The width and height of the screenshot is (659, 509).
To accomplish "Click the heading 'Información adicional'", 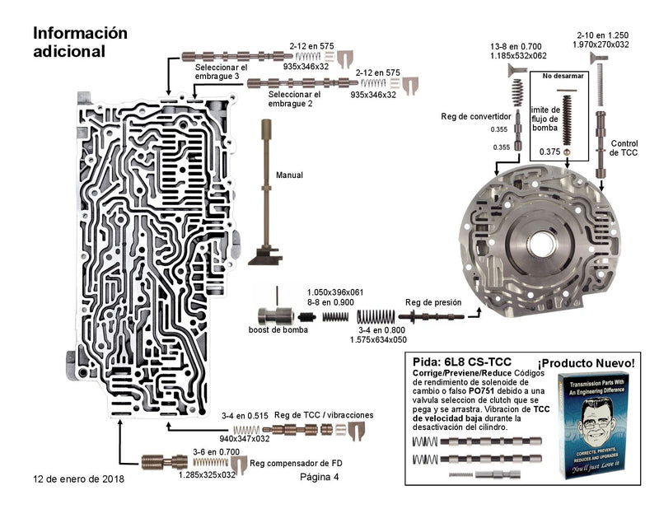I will click(x=80, y=41).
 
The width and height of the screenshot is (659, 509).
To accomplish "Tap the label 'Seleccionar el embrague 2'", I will click(x=294, y=99).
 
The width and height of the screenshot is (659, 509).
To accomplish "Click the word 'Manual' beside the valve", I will click(x=289, y=175).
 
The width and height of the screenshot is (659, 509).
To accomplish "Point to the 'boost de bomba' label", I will click(x=277, y=331).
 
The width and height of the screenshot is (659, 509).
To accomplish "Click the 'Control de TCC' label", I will click(x=623, y=148).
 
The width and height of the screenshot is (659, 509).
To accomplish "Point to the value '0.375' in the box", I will click(x=549, y=152).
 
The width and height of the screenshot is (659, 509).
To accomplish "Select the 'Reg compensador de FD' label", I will click(x=296, y=464).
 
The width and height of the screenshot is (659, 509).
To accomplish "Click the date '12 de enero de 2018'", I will click(x=79, y=478).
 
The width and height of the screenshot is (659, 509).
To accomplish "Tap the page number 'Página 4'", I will click(x=320, y=478).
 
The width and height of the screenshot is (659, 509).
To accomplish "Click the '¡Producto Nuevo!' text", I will click(x=586, y=363).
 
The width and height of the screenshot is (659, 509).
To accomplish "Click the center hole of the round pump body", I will click(x=543, y=245).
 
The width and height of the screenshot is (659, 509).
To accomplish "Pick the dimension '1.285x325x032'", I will click(x=208, y=475).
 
